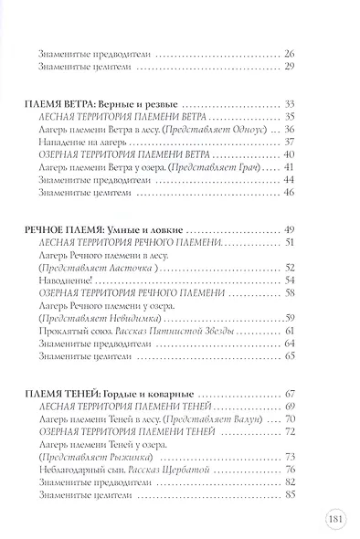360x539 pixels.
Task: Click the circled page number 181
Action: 333,522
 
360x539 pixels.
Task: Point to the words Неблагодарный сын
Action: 80,442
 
